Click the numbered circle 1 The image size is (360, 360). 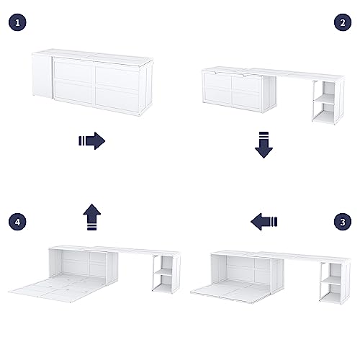coord(18,22)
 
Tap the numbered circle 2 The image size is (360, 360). coord(341,22)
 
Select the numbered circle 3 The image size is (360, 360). coord(341,222)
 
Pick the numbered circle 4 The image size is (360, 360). coord(18,222)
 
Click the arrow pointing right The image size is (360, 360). coord(92,140)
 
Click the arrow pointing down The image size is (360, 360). coord(264,144)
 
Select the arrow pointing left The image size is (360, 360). coord(265,222)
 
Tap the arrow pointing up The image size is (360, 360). coord(92,215)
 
